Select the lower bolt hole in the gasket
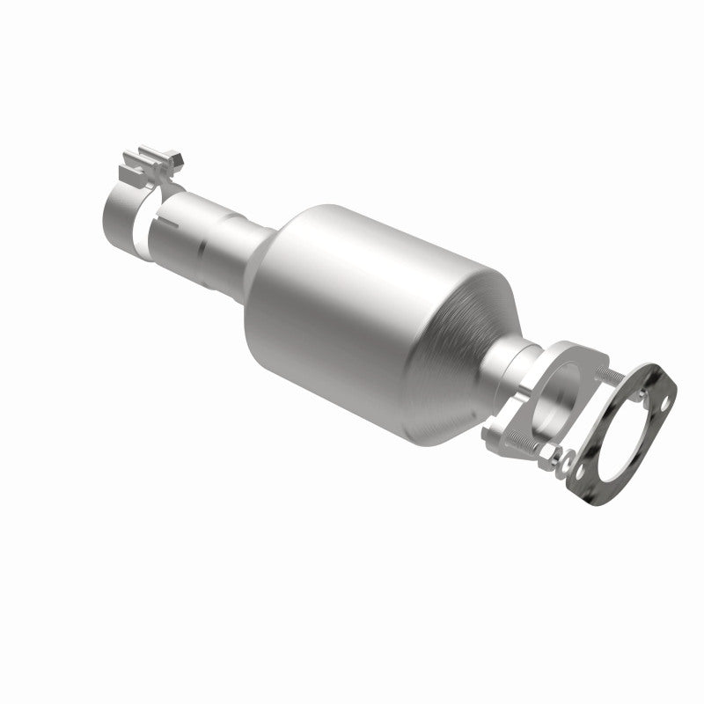(x=582, y=480)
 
